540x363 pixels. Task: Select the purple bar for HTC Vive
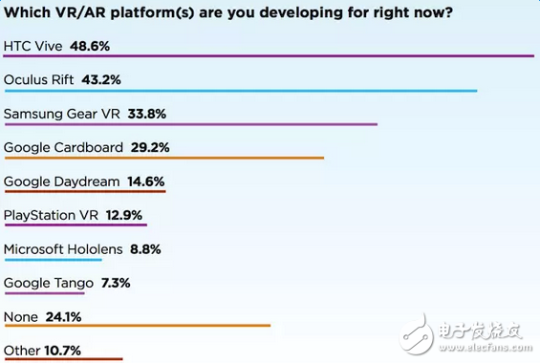coord(269,56)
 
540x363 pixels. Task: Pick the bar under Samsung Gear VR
coord(191,124)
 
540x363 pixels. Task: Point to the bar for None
coord(138,326)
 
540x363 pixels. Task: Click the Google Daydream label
coord(61,181)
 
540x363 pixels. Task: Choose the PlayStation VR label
coord(52,216)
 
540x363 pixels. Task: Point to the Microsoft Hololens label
coord(63,249)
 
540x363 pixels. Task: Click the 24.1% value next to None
coord(65,317)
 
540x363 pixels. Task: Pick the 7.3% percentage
coord(111,283)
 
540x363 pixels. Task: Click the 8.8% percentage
coord(144,249)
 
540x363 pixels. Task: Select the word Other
coord(21,351)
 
